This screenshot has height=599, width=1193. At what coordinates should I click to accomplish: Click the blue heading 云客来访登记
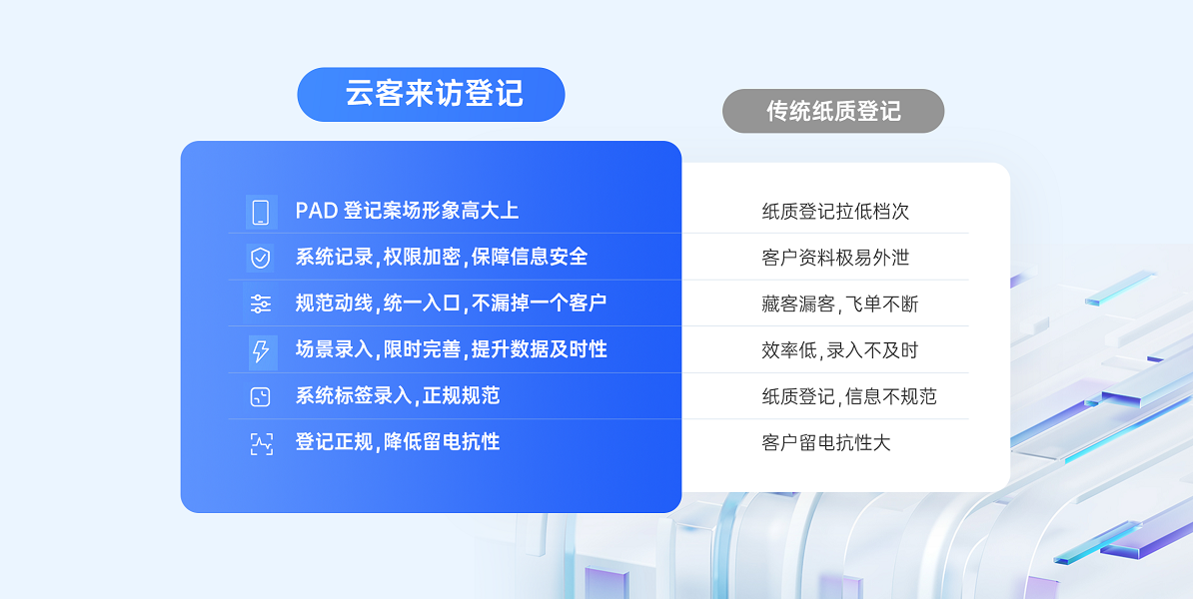click(x=434, y=94)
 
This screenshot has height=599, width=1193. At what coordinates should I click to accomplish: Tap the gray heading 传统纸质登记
click(x=833, y=111)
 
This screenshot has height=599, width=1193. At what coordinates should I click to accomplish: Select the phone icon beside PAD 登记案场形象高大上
click(x=261, y=212)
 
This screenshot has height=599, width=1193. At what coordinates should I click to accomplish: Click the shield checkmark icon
click(x=260, y=258)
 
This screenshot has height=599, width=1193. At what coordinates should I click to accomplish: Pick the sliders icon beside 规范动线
click(x=260, y=304)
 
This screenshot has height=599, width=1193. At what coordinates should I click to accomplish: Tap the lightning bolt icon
click(x=260, y=351)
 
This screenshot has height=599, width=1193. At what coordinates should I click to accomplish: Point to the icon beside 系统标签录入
click(x=260, y=396)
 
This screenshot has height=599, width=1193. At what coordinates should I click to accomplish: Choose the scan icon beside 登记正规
click(x=261, y=443)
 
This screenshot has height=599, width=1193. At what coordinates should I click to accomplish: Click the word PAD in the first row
click(x=317, y=211)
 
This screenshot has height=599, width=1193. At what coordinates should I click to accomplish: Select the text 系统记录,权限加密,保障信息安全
click(x=442, y=257)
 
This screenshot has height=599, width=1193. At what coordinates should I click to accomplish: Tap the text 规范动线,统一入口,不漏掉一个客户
click(x=451, y=303)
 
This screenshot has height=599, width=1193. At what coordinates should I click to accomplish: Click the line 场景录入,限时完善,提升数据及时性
click(x=452, y=349)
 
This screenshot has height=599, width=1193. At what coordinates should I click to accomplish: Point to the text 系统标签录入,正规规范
click(x=397, y=396)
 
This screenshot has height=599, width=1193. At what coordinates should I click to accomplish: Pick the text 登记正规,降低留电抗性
click(x=397, y=442)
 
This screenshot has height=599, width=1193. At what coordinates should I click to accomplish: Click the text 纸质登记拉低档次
click(x=835, y=212)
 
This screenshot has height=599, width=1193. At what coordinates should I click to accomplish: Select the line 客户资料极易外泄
click(x=835, y=258)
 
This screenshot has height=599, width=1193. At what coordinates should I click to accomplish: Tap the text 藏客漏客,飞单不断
click(x=840, y=304)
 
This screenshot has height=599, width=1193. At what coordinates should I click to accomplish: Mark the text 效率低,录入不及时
click(x=840, y=350)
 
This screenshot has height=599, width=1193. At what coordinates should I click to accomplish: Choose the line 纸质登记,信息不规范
click(x=849, y=396)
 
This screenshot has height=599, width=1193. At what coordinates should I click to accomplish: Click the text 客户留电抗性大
click(x=826, y=443)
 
